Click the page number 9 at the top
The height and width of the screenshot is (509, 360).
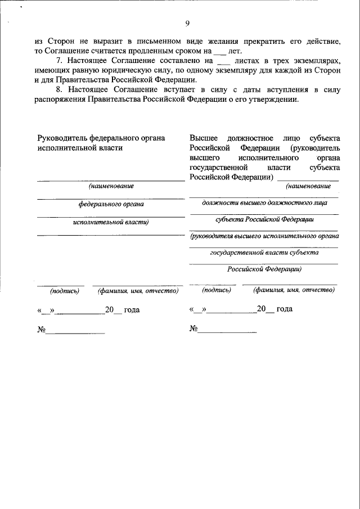187,23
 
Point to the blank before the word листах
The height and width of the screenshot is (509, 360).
224,60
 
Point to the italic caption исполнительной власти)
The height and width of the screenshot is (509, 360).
111,222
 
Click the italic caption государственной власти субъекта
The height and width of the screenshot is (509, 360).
264,253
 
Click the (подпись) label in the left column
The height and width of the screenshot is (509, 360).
65,291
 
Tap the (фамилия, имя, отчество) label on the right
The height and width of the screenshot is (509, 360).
294,290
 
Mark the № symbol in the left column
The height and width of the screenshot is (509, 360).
41,330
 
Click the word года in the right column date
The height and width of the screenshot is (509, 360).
284,309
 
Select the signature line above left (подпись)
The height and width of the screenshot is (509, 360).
61,286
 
